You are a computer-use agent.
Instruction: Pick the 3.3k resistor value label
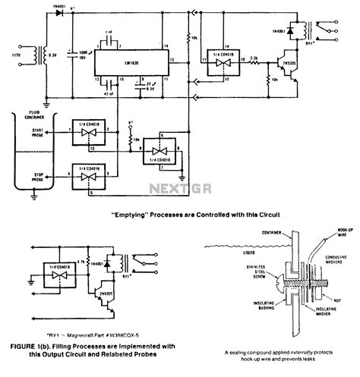(x=257, y=57)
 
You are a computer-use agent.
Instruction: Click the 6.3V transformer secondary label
(x=52, y=55)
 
